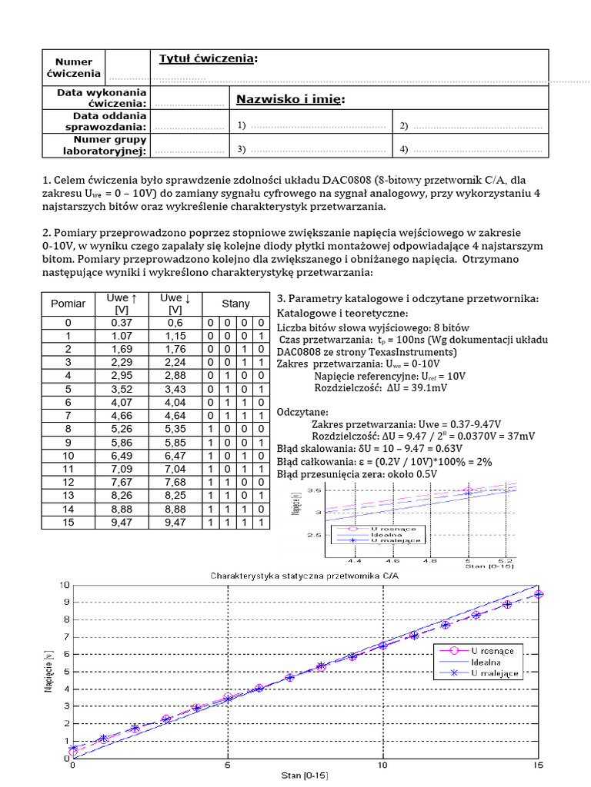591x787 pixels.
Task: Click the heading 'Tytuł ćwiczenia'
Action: coord(206,60)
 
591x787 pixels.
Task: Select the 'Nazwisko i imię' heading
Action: coord(289,99)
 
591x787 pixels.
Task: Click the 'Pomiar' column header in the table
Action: coord(68,304)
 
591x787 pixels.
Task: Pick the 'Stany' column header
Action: coord(235,304)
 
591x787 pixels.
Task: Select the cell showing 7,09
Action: coord(123,469)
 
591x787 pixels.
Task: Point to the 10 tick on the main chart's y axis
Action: coord(64,586)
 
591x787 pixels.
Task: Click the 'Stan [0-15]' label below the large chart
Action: coord(304,776)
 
